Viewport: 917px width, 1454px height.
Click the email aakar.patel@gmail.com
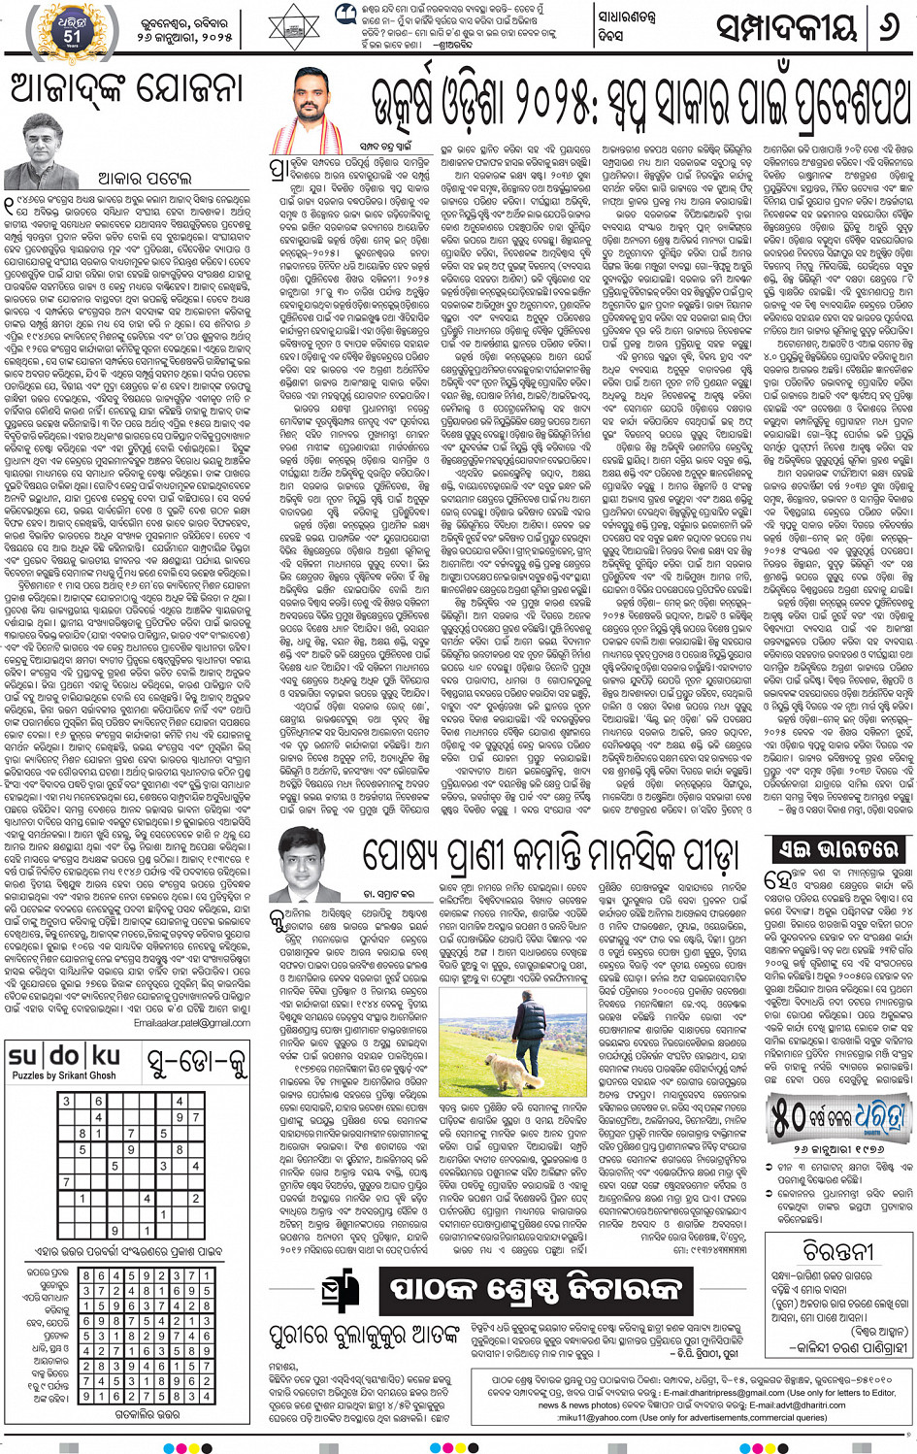[192, 1023]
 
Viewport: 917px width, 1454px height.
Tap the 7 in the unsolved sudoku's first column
[66, 1182]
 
